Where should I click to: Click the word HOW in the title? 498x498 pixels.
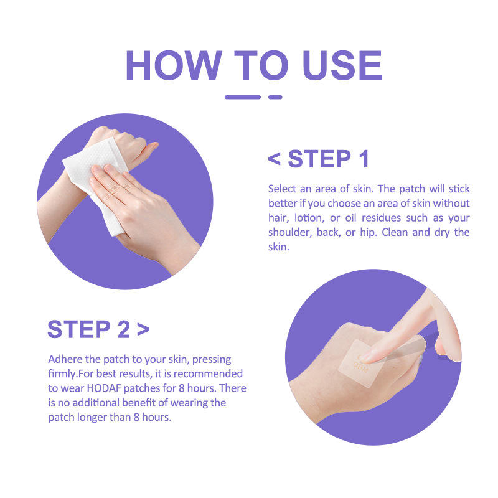click(174, 65)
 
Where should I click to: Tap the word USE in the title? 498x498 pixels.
click(342, 65)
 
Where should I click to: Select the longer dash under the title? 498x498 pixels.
click(243, 97)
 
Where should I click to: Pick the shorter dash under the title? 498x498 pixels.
click(275, 97)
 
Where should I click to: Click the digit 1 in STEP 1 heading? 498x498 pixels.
click(364, 159)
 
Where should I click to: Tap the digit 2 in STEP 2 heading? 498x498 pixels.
click(123, 329)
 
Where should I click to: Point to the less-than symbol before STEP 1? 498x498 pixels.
click(274, 159)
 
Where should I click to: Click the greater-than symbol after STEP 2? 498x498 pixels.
click(143, 329)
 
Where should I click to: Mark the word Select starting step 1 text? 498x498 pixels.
click(282, 189)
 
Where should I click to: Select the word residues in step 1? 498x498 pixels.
click(382, 218)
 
